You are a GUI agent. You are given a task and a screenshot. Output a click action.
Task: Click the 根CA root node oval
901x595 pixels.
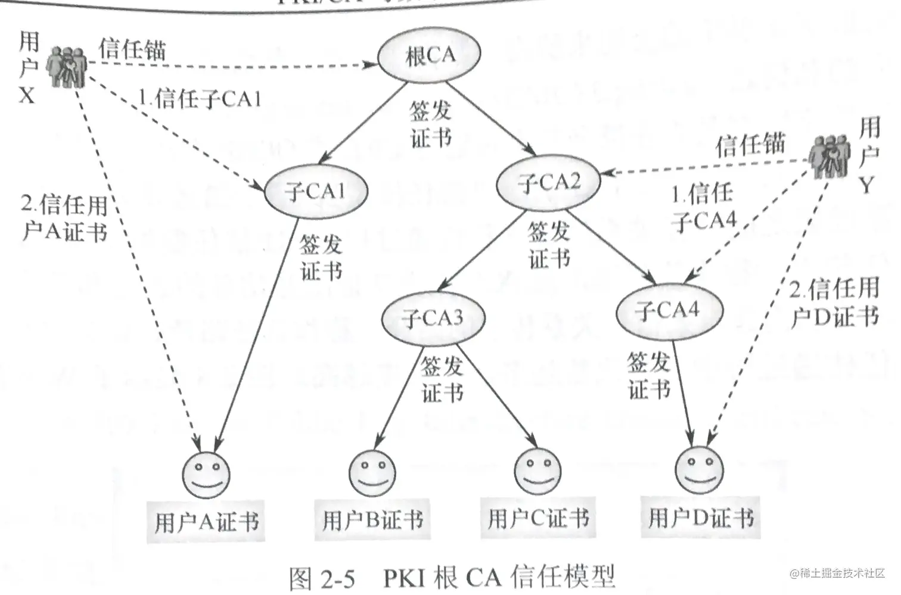click(429, 55)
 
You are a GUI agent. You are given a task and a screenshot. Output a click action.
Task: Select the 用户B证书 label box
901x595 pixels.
click(373, 519)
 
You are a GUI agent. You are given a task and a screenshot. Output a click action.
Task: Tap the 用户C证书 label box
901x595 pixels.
click(538, 518)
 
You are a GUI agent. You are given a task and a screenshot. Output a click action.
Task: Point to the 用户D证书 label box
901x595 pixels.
click(701, 517)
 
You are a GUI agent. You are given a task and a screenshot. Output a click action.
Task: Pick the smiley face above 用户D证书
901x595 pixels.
click(700, 466)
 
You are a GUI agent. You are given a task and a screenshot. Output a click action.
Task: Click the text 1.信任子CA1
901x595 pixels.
click(200, 99)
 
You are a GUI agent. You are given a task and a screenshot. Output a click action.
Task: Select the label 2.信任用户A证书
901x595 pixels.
click(64, 219)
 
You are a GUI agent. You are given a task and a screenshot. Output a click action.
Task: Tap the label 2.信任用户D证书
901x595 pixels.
click(834, 303)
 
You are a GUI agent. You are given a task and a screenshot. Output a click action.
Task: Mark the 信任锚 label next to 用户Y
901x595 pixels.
click(751, 145)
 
